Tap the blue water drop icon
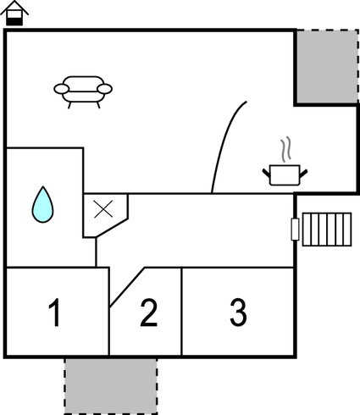pyautogui.click(x=42, y=204)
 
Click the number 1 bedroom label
pyautogui.click(x=55, y=313)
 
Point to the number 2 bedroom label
pyautogui.click(x=149, y=313)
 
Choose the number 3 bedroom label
pyautogui.click(x=239, y=312)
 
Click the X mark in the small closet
pyautogui.click(x=103, y=209)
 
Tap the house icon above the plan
pyautogui.click(x=14, y=13)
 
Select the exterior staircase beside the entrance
pyautogui.click(x=327, y=230)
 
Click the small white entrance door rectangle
pyautogui.click(x=295, y=230)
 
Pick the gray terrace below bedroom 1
pyautogui.click(x=111, y=386)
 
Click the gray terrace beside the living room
pyautogui.click(x=327, y=66)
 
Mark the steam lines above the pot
pyautogui.click(x=285, y=149)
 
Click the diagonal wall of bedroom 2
pyautogui.click(x=127, y=287)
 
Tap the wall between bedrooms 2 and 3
pyautogui.click(x=181, y=311)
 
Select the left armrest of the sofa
pyautogui.click(x=61, y=89)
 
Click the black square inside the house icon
pyautogui.click(x=14, y=21)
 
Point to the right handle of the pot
pyautogui.click(x=303, y=174)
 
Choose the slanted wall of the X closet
pyautogui.click(x=112, y=227)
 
